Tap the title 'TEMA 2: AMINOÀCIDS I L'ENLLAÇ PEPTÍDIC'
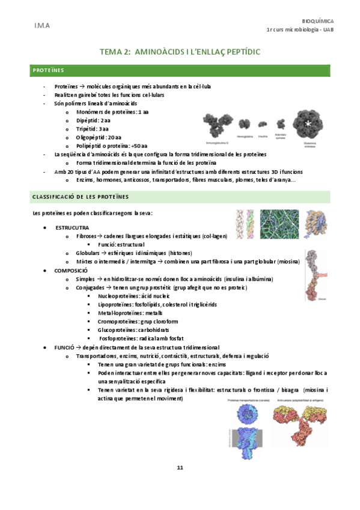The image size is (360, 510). coord(180,53)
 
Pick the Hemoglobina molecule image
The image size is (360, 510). coord(245,124)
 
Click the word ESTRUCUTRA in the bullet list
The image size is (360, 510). coord(72,228)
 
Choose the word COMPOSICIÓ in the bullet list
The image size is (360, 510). coord(72,271)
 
